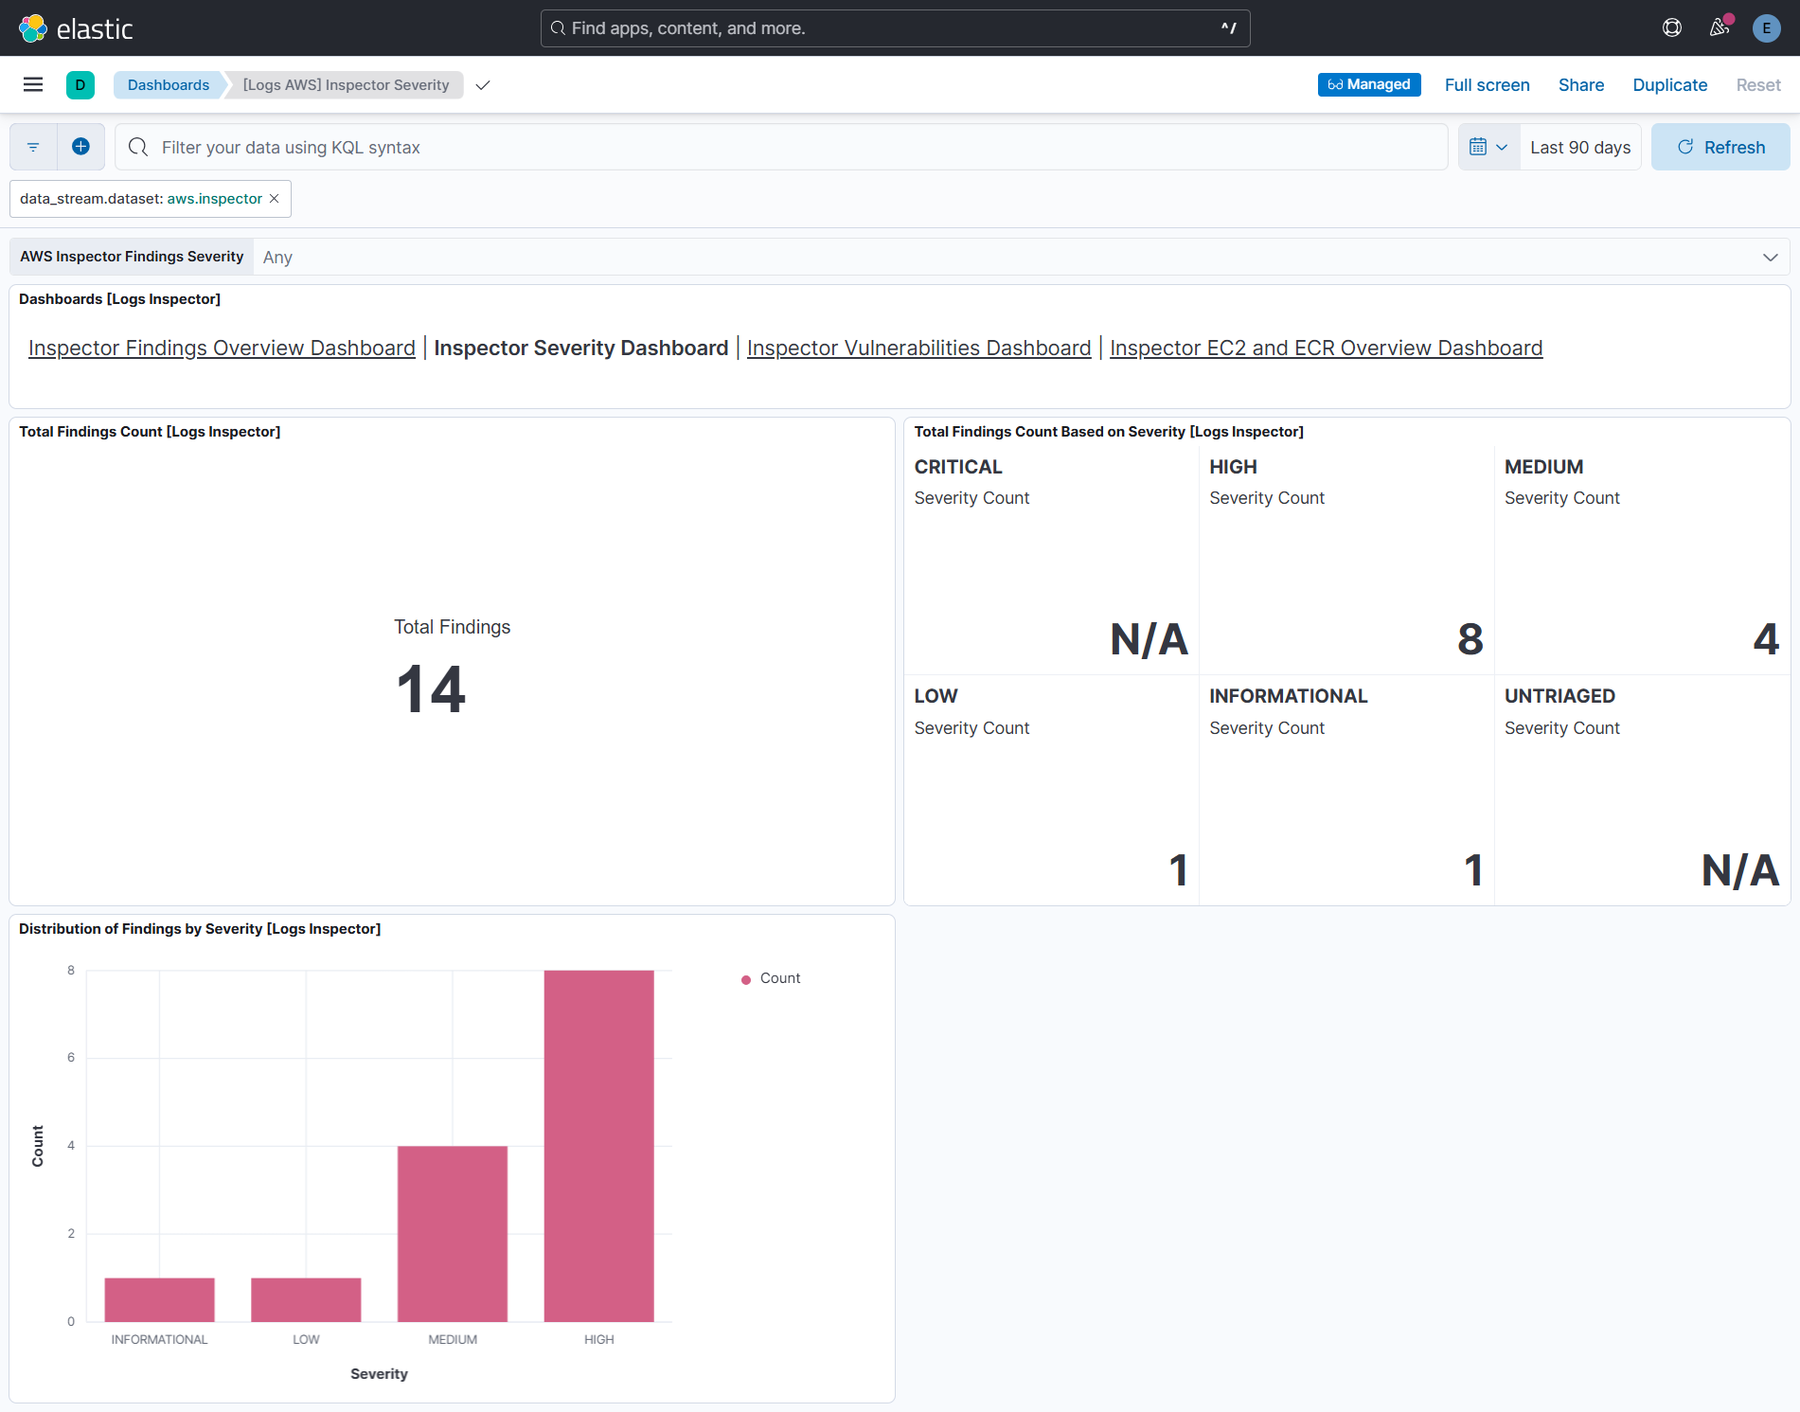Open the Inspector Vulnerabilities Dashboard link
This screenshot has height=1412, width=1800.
918,348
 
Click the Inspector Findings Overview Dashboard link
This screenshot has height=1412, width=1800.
222,348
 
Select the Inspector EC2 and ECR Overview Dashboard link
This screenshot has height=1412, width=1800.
1326,348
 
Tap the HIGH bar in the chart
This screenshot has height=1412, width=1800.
598,1145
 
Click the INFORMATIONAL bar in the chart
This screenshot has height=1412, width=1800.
159,1299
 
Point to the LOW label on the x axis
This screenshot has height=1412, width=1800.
306,1339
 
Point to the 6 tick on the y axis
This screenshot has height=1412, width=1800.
71,1057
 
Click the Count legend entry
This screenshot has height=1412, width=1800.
779,978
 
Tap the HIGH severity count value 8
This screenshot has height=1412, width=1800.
1470,639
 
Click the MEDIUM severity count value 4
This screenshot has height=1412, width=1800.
1765,639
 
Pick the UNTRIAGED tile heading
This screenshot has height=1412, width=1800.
1559,696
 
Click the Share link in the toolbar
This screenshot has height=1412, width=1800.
1580,85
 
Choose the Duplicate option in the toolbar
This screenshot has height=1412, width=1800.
1669,85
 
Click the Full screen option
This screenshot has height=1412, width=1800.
1487,85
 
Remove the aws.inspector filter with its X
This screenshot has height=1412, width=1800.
275,199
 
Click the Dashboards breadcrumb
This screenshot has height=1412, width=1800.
168,85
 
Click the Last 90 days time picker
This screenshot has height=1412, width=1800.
1579,147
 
